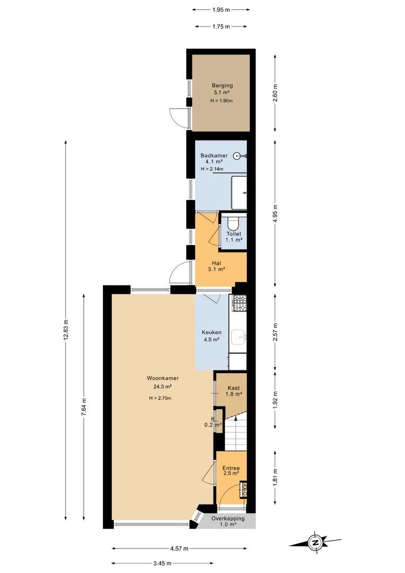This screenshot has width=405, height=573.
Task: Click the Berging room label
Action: coord(222,85)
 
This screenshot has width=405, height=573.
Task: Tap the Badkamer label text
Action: coord(214,155)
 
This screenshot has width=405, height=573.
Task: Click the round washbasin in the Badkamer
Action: coord(239,155)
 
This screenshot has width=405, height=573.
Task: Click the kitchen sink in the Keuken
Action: coord(240,336)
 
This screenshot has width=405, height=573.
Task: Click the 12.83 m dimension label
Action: coord(66,330)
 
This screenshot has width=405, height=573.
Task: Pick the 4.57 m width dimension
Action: coord(179,548)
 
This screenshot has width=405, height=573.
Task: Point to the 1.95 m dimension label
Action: coord(221,10)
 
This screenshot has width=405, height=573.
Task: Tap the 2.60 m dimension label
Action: coord(275,93)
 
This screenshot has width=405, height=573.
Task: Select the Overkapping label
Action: coord(228,518)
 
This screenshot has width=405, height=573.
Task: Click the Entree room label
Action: coord(231,468)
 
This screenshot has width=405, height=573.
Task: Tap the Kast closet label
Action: coord(233,388)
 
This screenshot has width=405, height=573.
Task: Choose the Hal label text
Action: coord(216,263)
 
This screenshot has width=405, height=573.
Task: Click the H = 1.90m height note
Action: coord(222,100)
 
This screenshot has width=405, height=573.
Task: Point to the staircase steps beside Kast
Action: coord(235,434)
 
